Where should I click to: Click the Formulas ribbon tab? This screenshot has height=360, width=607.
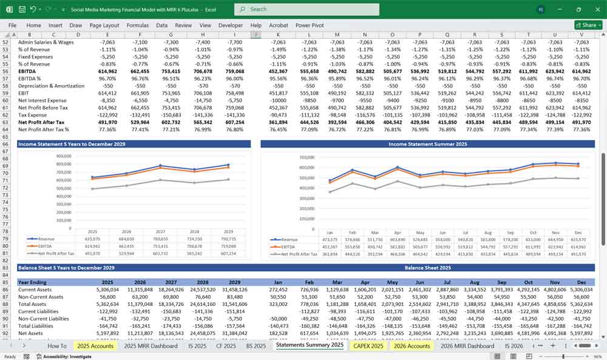coord(137,25)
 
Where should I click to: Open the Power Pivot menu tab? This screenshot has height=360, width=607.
coord(310,25)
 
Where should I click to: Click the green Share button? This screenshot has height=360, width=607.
coord(586,25)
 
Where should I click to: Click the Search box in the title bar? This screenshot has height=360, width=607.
coord(307,9)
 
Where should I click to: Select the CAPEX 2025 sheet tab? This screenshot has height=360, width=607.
coord(368,346)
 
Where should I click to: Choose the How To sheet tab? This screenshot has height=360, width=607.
coord(57,346)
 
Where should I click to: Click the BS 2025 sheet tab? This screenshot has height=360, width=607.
coord(256,346)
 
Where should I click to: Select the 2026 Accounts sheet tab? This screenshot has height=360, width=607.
coord(412,346)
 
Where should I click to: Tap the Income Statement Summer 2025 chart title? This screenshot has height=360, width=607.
coord(428,144)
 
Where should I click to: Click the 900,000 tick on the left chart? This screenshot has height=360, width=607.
coord(64,156)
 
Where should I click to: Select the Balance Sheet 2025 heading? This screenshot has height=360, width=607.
coord(428,268)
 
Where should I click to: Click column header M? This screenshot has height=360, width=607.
coord(336,35)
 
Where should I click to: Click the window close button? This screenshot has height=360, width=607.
coord(595,9)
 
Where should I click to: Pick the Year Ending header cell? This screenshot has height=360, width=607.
coord(33,282)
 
